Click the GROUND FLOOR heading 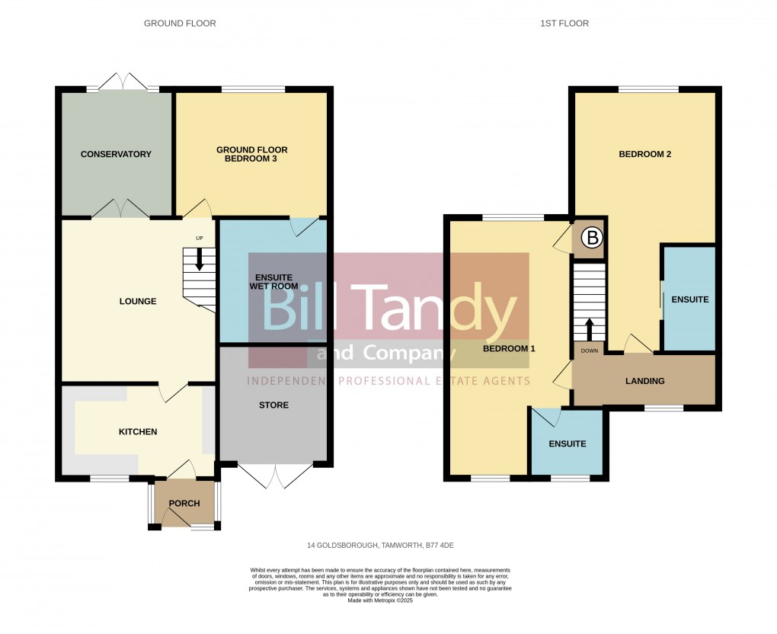(x=180, y=24)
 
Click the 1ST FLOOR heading (x=564, y=24)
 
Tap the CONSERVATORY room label (x=116, y=154)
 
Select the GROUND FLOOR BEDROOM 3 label (x=251, y=154)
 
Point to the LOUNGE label (x=138, y=302)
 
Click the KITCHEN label (x=138, y=432)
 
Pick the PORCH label (x=184, y=504)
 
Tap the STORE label (x=273, y=405)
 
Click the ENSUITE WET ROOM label (x=273, y=281)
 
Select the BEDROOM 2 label (x=644, y=154)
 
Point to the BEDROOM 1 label (x=509, y=348)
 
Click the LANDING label (x=644, y=381)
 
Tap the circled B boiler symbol (x=592, y=238)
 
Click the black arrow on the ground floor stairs (x=200, y=259)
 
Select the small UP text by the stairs (x=200, y=239)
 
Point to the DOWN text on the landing (x=589, y=351)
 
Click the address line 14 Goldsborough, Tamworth (x=380, y=546)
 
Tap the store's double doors (x=275, y=475)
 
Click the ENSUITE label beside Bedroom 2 (x=690, y=299)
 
